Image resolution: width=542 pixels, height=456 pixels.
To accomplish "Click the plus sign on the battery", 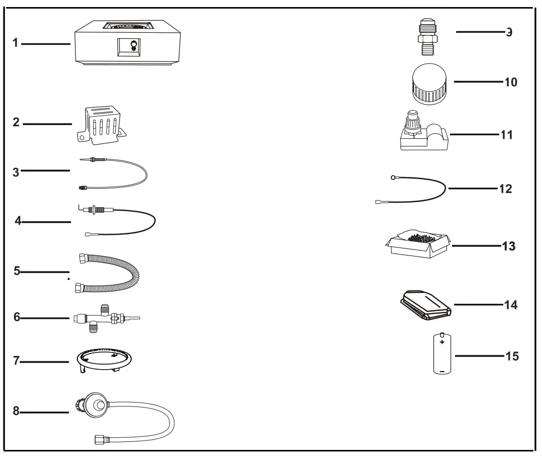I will pos(442,342).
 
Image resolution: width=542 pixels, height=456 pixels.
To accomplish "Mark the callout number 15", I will pos(512,356).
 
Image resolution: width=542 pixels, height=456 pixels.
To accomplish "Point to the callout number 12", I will pos(505,189).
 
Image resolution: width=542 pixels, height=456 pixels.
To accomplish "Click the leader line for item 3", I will pos(45,171).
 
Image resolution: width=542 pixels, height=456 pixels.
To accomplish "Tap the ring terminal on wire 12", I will pos(392,177).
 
